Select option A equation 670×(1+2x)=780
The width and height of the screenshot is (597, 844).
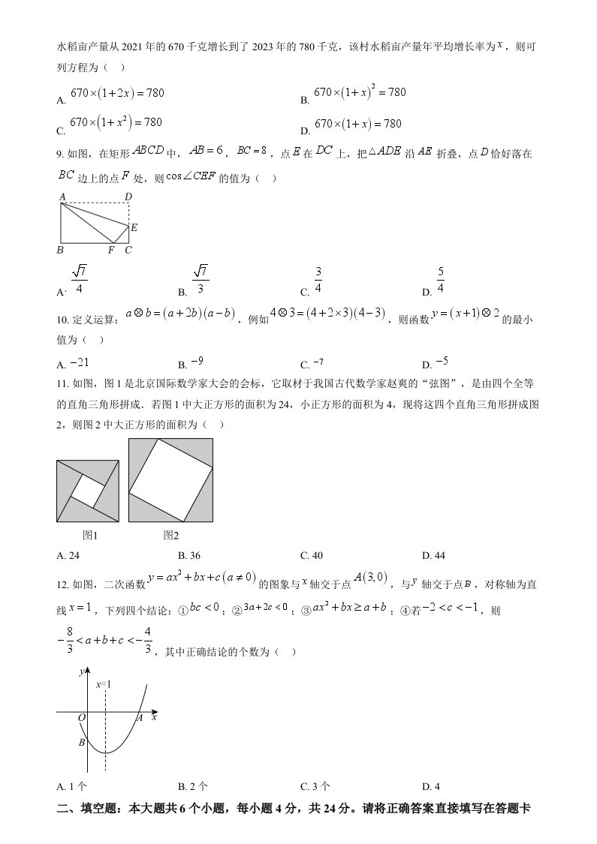coord(116,94)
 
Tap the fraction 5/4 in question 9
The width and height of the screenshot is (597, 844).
coord(440,281)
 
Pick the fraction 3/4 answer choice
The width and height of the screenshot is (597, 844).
coord(318,281)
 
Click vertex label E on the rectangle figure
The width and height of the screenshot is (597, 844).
coord(134,227)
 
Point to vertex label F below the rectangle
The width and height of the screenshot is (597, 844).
coord(110,250)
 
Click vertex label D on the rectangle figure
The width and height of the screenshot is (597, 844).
coord(128,197)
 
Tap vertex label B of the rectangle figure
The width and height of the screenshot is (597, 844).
coord(60,250)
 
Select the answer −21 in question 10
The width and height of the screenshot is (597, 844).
coord(80,363)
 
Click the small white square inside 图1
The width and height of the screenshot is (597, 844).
coord(88,491)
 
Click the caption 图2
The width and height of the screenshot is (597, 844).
coord(170,535)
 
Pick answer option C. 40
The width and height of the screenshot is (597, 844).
coord(311,555)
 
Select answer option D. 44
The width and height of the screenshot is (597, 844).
coord(433,555)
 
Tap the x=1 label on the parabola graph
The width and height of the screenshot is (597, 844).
coord(104,684)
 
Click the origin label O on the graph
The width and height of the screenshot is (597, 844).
coord(82,719)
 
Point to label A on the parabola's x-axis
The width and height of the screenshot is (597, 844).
coord(140,718)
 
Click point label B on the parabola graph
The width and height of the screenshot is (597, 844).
coord(81,743)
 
